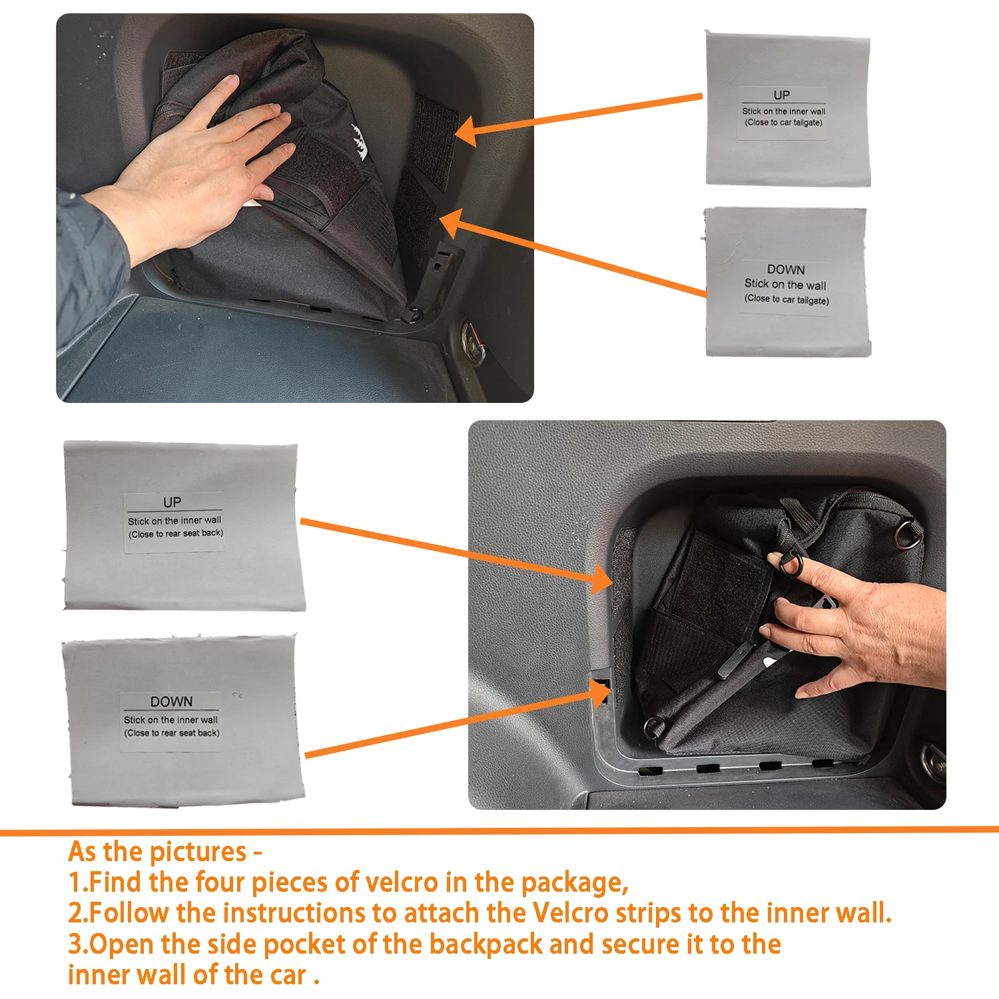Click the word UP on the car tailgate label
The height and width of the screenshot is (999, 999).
click(x=781, y=95)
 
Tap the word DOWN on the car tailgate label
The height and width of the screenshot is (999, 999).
click(x=786, y=270)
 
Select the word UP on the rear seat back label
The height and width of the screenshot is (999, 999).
click(x=172, y=502)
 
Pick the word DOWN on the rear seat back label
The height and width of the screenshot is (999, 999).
click(x=171, y=701)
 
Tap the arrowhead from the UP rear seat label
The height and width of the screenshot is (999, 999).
click(x=601, y=578)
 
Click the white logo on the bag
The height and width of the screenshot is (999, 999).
click(x=360, y=141)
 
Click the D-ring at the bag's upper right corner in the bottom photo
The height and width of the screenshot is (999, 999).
click(x=908, y=535)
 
